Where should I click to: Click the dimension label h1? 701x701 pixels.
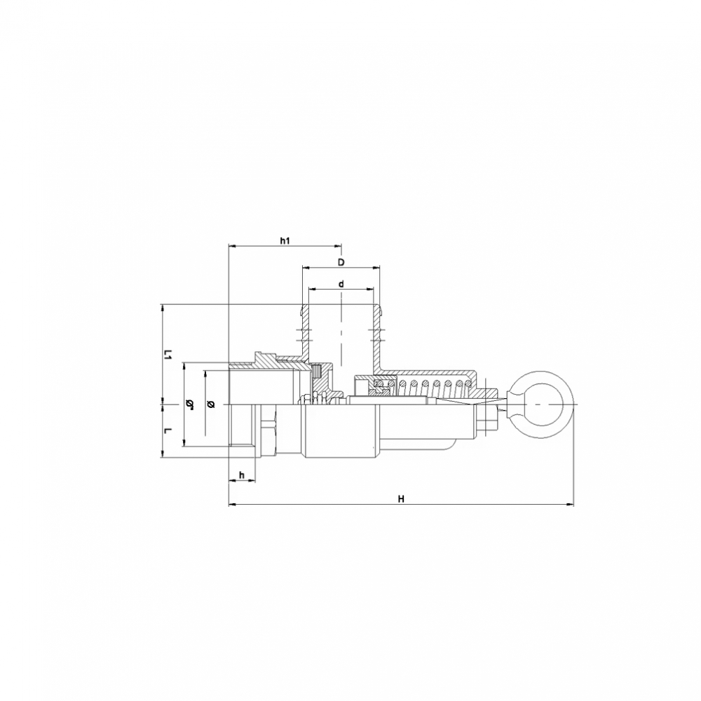click(285, 241)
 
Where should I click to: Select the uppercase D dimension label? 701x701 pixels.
click(341, 262)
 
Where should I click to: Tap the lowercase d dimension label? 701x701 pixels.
click(341, 284)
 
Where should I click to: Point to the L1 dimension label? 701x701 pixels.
click(167, 355)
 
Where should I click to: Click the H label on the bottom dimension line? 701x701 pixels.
click(401, 499)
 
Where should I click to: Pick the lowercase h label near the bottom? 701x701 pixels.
click(242, 475)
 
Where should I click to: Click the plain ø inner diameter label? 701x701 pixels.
click(211, 404)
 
